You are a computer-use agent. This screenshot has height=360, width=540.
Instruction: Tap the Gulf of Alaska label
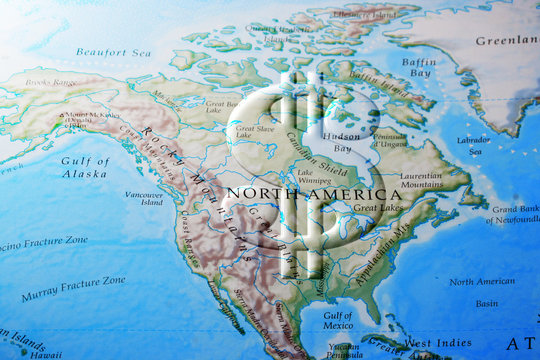(x=84, y=167)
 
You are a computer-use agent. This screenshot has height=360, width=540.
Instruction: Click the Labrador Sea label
(x=474, y=145)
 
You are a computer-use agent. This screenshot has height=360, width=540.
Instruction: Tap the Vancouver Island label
(x=144, y=198)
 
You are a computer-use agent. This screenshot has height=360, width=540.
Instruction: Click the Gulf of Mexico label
(x=337, y=322)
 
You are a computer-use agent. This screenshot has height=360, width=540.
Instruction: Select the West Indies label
(x=438, y=343)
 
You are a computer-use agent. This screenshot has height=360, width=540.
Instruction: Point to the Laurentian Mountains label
(x=421, y=179)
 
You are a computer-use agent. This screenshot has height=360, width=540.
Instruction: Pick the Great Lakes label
(x=377, y=208)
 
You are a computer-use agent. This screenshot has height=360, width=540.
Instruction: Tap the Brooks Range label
(x=50, y=82)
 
